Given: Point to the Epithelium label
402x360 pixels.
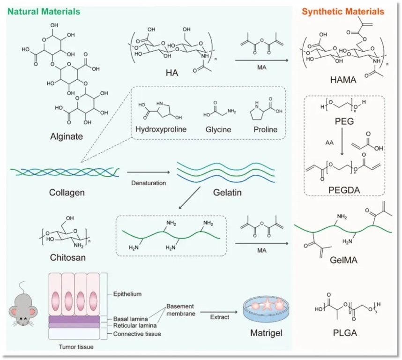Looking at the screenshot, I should pyautogui.click(x=127, y=294).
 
